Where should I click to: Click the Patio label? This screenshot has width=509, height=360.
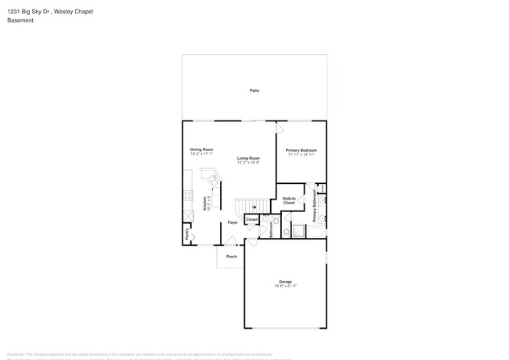click(x=254, y=91)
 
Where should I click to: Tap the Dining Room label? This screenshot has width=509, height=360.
click(x=201, y=149)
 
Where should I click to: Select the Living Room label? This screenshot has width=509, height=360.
click(x=248, y=158)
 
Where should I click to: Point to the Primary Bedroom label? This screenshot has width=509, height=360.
click(x=301, y=149)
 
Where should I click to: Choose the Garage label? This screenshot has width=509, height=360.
click(x=285, y=282)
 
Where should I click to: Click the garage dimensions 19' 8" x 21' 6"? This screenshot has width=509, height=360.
click(x=285, y=286)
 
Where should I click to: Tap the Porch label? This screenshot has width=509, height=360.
click(x=231, y=257)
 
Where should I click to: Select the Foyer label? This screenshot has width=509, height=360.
click(x=233, y=222)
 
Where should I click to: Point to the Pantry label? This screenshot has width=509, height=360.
click(x=187, y=233)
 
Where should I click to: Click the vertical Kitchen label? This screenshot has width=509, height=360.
click(x=206, y=203)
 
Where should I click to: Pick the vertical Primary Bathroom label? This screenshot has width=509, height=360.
click(x=315, y=207)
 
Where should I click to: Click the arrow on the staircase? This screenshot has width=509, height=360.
click(x=253, y=207)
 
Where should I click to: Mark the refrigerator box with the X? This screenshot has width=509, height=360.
click(x=188, y=216)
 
